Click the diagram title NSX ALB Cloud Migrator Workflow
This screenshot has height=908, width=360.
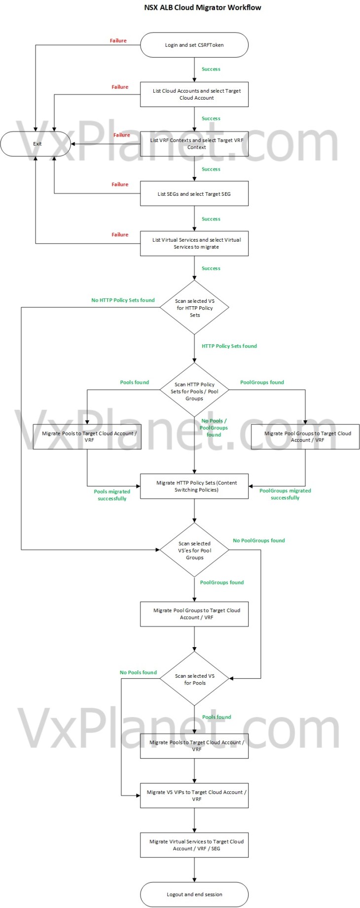point(203,7)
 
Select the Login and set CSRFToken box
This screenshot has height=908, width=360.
point(194,45)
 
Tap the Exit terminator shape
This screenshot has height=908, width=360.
point(36,144)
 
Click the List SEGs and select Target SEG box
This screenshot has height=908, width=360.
point(194,194)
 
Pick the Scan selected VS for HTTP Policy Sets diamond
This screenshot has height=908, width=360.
point(194,307)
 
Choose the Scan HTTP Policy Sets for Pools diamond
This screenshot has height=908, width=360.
point(194,391)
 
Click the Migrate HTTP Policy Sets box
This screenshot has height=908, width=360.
point(194,486)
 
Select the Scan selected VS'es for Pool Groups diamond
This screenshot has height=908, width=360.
point(194,550)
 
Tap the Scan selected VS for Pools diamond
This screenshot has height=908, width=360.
point(194,679)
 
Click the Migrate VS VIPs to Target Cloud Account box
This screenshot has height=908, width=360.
point(194,796)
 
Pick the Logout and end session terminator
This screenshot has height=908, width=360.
point(194,894)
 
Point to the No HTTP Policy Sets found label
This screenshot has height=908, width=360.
point(123,300)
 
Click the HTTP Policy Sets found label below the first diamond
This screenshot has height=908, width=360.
point(229,346)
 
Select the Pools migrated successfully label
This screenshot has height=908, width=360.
point(112,495)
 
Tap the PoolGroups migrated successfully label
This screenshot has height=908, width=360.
point(285,494)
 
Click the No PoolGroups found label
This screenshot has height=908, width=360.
point(259,541)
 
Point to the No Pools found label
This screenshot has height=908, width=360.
point(138,672)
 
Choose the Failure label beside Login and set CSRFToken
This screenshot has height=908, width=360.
point(118,41)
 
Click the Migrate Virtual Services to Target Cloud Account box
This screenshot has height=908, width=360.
point(194,845)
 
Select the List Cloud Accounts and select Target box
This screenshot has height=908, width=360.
point(194,94)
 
